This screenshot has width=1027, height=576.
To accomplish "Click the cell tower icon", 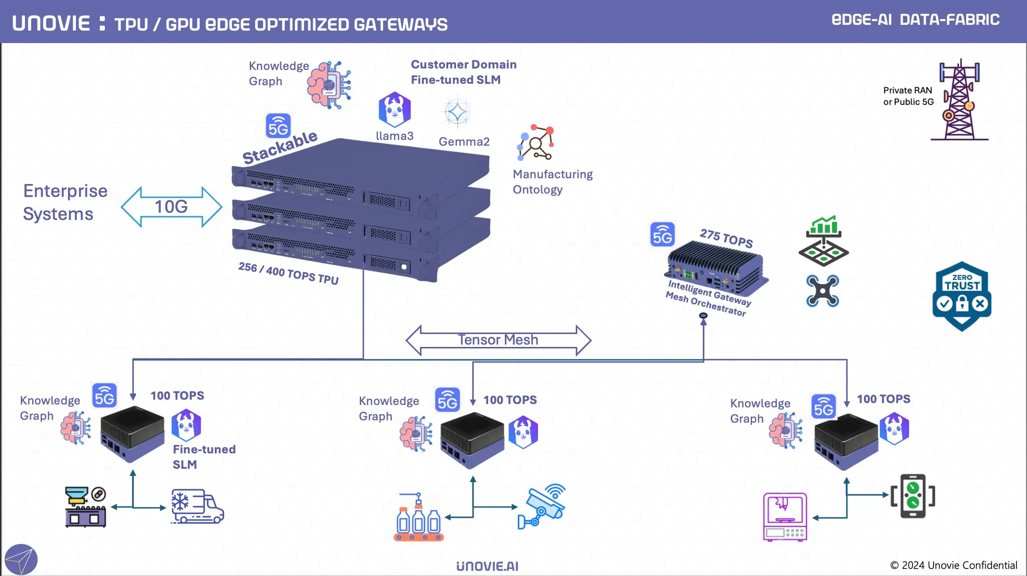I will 959,100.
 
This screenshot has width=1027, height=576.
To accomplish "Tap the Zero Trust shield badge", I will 962,296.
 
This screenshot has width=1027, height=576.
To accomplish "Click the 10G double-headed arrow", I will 172,207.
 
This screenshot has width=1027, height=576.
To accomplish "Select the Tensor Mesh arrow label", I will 498,340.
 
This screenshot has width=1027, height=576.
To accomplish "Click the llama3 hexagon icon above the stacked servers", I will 395,109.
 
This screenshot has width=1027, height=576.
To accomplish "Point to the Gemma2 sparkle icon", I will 457,112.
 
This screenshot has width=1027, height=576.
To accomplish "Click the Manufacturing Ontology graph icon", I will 536,143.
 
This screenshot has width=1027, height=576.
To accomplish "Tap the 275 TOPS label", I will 726,238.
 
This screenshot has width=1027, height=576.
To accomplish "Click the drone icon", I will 822,291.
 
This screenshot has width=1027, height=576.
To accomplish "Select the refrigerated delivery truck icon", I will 197,506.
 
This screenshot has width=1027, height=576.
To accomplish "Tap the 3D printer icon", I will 785,516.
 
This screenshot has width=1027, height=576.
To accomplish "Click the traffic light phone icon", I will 913,496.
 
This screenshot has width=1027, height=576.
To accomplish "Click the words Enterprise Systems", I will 65,202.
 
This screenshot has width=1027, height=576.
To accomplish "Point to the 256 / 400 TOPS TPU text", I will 288,273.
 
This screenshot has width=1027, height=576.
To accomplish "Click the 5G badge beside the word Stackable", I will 278,126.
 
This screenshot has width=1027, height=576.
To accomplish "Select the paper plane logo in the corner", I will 21,559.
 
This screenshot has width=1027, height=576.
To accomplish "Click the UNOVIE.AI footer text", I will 487,566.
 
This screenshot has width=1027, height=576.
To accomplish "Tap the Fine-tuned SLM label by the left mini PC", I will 204,457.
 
